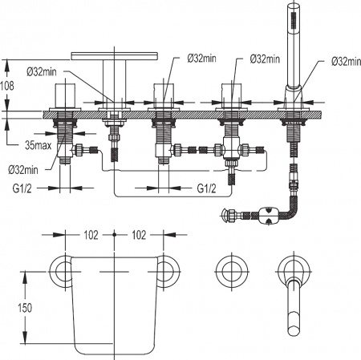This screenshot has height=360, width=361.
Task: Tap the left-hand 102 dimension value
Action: click(x=90, y=235)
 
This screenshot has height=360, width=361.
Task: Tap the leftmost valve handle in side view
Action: click(x=64, y=96)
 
